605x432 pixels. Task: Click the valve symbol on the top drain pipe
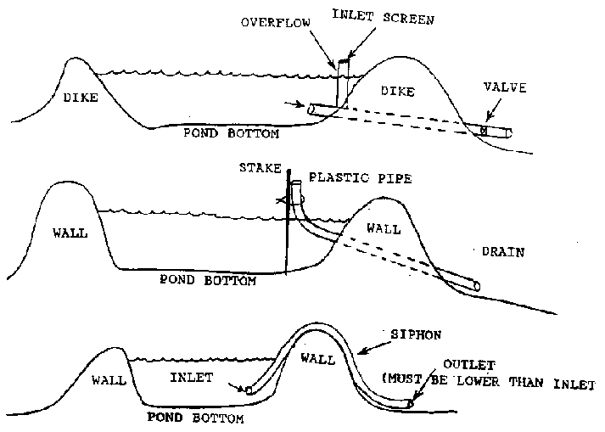(x=484, y=131)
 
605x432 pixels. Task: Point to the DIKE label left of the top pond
(x=81, y=98)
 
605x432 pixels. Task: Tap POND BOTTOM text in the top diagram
(x=232, y=133)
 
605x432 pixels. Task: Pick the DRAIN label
(x=503, y=251)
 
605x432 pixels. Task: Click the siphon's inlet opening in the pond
(x=249, y=390)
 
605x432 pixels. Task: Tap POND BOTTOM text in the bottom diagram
(x=196, y=418)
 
